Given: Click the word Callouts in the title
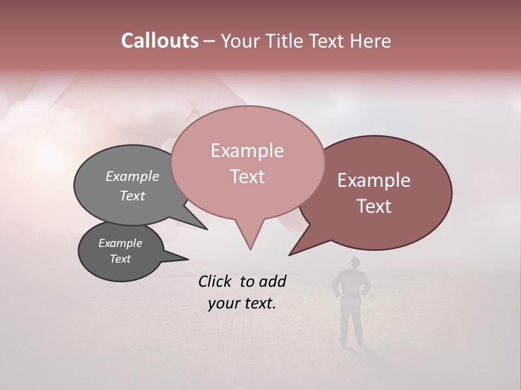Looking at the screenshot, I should pos(160,41).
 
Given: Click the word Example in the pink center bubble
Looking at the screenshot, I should pos(247,151).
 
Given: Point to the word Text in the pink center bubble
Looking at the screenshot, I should pos(247,177).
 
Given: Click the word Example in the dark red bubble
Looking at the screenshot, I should pos(374,180).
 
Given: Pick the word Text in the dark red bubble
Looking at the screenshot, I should pos(374,206).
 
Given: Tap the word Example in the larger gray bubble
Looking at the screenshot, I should pos(132,177).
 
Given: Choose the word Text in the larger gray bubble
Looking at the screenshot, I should pos(132,196).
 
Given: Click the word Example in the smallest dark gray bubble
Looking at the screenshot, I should pos(120,243).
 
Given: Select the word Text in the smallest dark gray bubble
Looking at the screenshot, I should pos(120,259).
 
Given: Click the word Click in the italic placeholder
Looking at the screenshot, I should pos(216,282).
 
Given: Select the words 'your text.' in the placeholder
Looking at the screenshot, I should pos(242,303).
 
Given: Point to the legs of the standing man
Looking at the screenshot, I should pos(351,322).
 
